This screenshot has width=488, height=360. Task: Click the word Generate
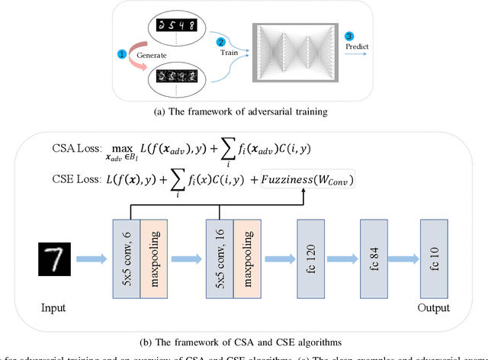(152, 55)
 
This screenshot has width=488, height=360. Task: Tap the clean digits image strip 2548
(181, 24)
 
